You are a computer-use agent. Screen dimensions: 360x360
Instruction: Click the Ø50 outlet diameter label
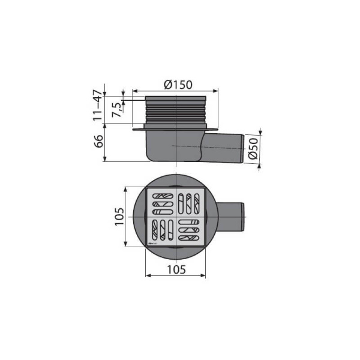pos(254,148)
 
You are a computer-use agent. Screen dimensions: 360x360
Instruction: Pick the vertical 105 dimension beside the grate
pos(119,216)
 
